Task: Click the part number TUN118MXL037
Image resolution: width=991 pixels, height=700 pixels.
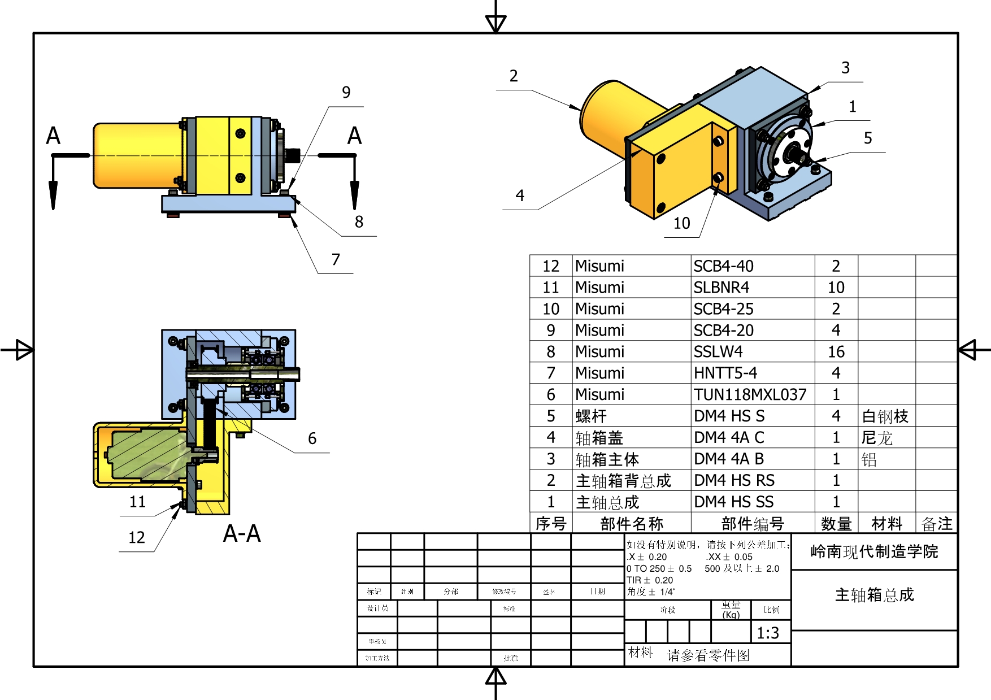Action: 750,394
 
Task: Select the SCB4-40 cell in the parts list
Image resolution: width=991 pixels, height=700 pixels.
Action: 723,266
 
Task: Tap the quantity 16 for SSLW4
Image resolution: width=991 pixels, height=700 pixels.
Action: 836,352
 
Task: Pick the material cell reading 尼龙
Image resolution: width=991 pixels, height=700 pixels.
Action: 877,438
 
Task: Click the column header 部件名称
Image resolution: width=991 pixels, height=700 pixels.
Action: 631,524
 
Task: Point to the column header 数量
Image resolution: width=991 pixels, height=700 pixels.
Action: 836,524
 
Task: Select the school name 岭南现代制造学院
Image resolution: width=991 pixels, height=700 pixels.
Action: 873,551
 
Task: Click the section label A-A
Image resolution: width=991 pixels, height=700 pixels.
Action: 242,534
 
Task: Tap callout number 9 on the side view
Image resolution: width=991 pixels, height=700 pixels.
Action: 346,92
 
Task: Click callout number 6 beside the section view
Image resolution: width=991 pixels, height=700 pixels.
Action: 312,438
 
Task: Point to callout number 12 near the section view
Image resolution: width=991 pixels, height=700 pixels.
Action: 137,537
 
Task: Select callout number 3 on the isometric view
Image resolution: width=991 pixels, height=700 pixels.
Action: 845,68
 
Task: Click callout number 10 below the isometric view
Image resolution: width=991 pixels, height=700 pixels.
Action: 681,223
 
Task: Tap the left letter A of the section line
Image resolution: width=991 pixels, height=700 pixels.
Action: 53,136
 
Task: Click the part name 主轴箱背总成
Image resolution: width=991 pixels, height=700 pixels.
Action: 623,481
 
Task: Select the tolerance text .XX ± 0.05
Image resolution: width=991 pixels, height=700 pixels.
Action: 729,556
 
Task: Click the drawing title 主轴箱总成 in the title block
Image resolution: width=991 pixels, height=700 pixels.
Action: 873,595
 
